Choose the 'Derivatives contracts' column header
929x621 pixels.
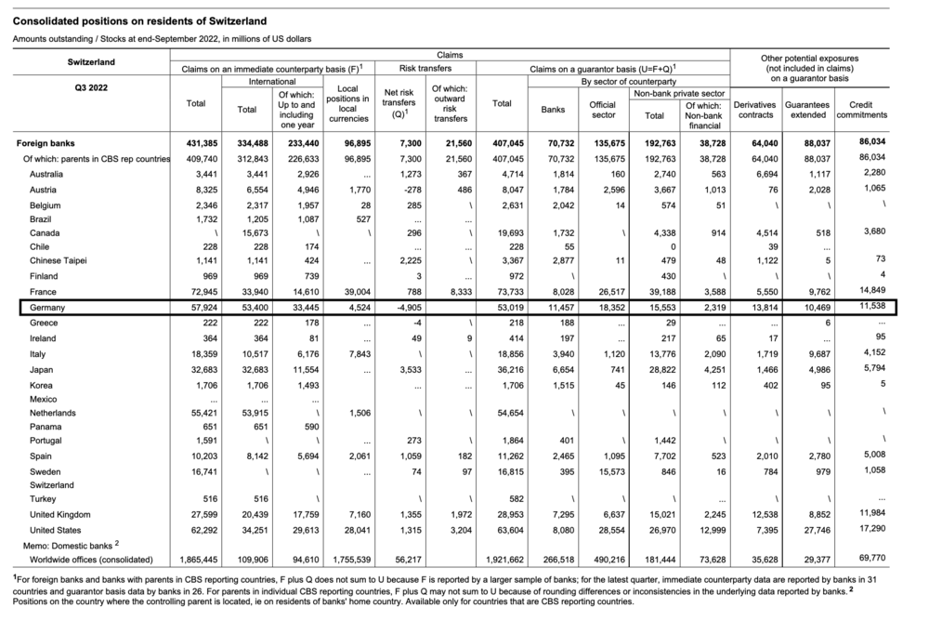click(x=754, y=111)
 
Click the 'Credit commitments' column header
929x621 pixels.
click(x=861, y=111)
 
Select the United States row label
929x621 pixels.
click(x=58, y=529)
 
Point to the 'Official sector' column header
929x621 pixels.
click(x=603, y=111)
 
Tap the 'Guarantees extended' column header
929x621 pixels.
click(x=806, y=111)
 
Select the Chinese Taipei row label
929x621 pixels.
click(x=59, y=260)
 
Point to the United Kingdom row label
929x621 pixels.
click(x=61, y=515)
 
